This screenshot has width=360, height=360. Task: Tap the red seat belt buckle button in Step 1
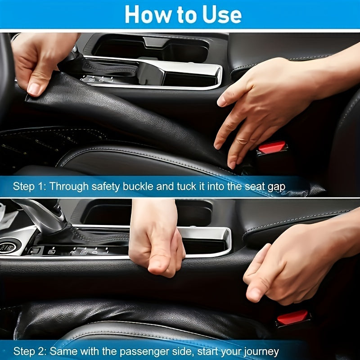pyautogui.click(x=271, y=147)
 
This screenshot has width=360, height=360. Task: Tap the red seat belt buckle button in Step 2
pyautogui.click(x=292, y=318)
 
